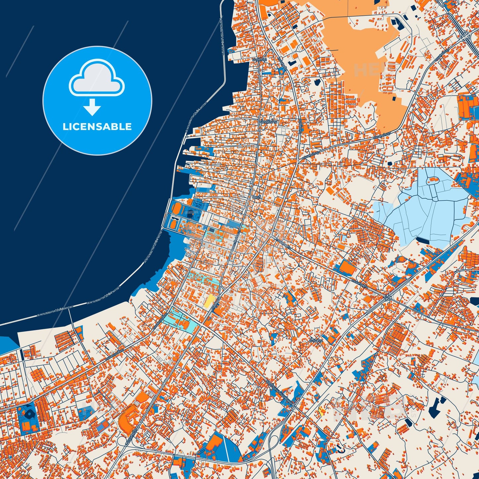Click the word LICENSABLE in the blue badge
pos(97,127)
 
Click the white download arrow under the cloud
pos(92,107)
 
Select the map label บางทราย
pos(259,60)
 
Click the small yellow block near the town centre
pos(210,300)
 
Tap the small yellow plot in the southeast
pos(321,412)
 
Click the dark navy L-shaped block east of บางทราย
pos(292,63)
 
